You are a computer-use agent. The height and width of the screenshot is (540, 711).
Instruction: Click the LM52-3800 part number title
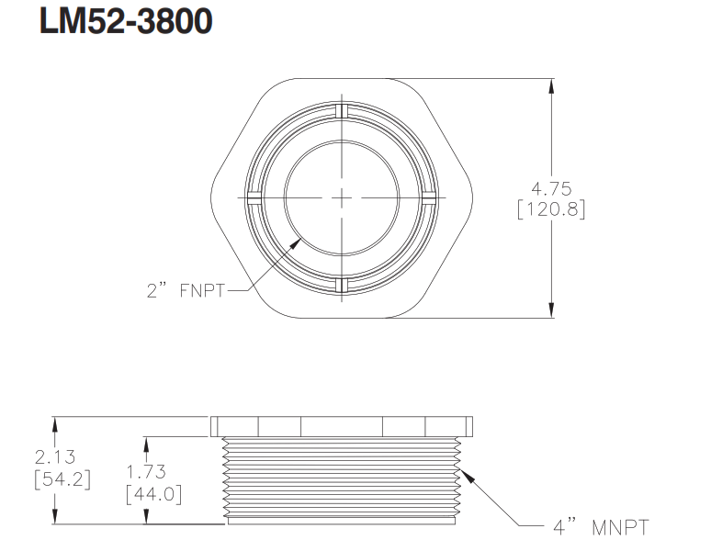coord(126,23)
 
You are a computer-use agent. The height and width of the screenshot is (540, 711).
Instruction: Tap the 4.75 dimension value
coord(551,190)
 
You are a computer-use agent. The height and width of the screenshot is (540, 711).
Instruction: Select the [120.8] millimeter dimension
coord(551,209)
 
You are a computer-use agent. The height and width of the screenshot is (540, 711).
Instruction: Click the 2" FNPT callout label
coord(185,291)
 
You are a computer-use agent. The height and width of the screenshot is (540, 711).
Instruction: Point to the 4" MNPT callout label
coord(601,527)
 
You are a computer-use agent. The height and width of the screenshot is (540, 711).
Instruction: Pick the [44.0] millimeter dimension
coord(152,494)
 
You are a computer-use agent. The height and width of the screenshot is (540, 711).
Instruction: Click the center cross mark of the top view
coord(342,197)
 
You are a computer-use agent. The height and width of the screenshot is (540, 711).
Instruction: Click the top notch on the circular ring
coord(342,110)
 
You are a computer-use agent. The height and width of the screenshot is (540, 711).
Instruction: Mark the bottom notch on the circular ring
coord(342,286)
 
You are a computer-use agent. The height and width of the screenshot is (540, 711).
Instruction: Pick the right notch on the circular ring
coord(430,197)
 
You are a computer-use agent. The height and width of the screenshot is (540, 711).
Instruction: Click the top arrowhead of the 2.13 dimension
coord(56,423)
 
